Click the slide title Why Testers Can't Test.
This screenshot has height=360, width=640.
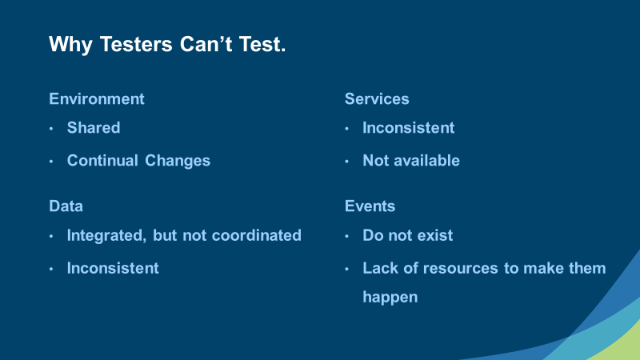pyautogui.click(x=167, y=45)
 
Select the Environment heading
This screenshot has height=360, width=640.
pyautogui.click(x=97, y=98)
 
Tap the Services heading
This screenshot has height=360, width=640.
pyautogui.click(x=377, y=98)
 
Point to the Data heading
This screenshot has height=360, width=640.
pyautogui.click(x=66, y=206)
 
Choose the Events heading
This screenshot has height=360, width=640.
pyautogui.click(x=370, y=206)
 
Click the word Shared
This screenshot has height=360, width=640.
pyautogui.click(x=94, y=128)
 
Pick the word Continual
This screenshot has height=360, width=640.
pyautogui.click(x=102, y=161)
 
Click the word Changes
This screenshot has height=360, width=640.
pyautogui.click(x=178, y=162)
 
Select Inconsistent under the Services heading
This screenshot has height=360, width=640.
pyautogui.click(x=409, y=128)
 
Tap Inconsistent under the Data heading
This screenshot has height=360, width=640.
pyautogui.click(x=113, y=268)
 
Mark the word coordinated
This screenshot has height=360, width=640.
pyautogui.click(x=257, y=235)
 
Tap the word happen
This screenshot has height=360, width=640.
pyautogui.click(x=390, y=298)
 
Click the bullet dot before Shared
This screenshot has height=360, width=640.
pyautogui.click(x=51, y=129)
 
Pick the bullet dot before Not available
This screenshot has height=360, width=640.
pyautogui.click(x=346, y=162)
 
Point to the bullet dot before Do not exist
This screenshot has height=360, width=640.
pyautogui.click(x=346, y=236)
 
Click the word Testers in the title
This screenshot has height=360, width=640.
pyautogui.click(x=136, y=45)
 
